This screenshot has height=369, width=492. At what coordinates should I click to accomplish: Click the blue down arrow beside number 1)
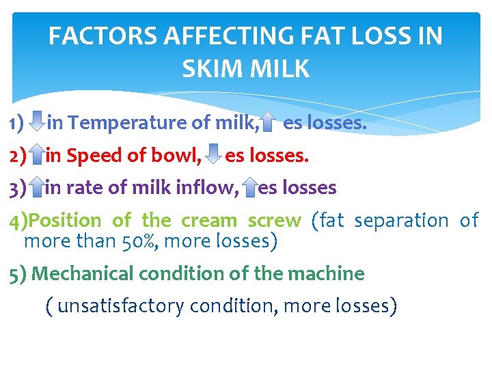38,123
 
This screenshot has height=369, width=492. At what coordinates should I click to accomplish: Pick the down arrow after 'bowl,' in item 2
213,155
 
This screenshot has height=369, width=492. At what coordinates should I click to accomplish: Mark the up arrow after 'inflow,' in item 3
250,187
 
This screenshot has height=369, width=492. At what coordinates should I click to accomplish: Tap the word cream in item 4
210,220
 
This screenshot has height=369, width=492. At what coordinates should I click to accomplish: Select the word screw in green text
274,220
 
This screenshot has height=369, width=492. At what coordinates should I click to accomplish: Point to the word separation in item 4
401,220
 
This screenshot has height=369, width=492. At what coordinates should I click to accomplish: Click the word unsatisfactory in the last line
120,305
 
